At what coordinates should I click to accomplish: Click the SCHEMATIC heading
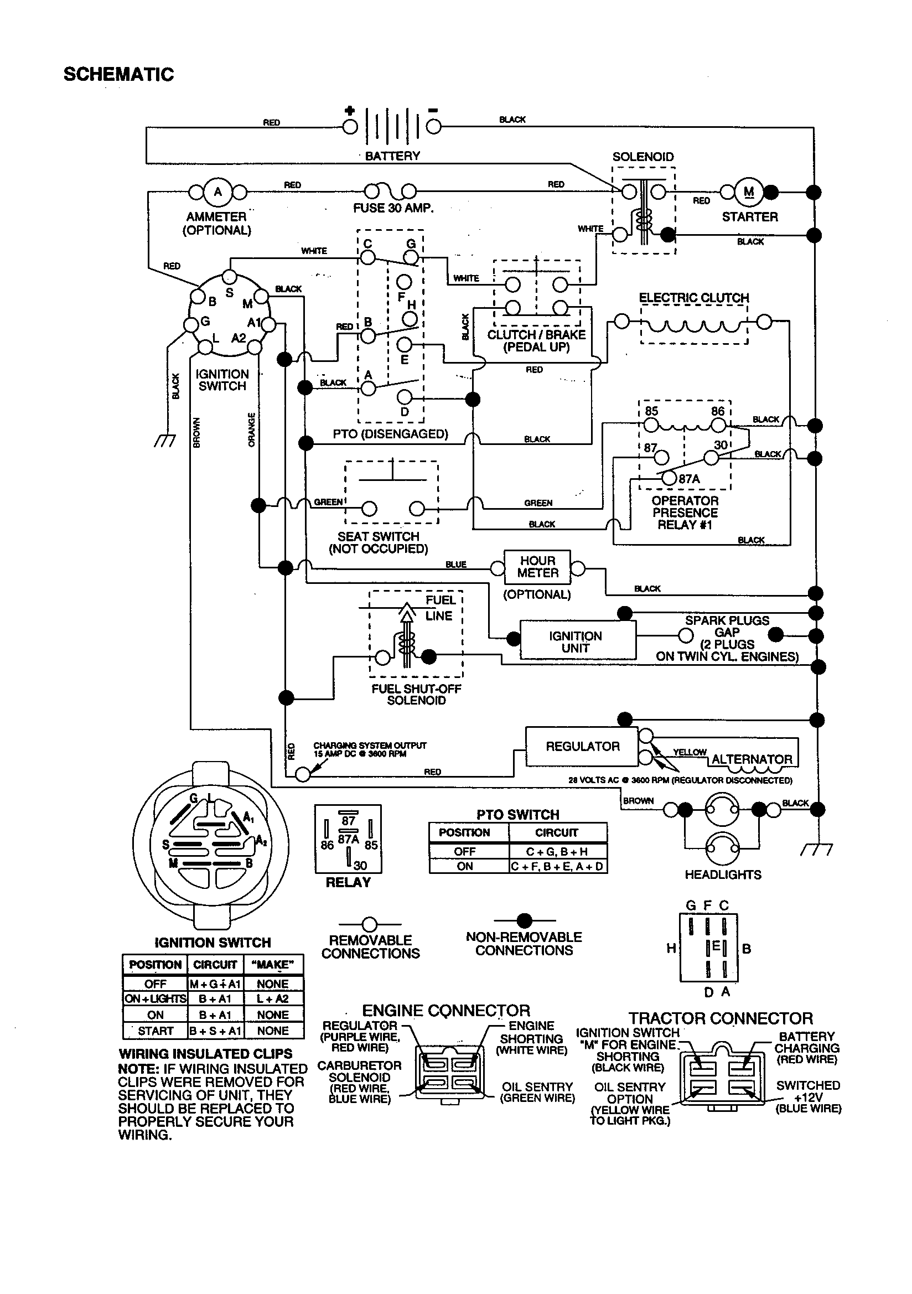118,74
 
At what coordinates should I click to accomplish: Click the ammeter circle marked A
217,192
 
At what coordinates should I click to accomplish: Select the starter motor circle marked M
749,192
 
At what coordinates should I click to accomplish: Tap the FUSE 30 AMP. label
393,208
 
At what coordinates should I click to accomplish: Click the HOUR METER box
537,567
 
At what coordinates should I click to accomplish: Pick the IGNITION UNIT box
576,641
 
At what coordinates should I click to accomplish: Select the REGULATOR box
582,746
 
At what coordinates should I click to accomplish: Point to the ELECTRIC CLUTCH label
693,297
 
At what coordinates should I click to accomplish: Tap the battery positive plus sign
349,111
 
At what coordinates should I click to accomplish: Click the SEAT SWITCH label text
378,536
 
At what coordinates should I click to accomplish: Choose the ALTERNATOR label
752,759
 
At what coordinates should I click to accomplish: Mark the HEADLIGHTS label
723,874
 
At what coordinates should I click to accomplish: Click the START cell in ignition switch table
155,1031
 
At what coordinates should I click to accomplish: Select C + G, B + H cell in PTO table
557,852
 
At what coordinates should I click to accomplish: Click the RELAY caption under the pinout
348,883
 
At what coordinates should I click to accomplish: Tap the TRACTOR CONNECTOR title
721,1018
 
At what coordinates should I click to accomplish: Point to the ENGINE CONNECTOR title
445,1010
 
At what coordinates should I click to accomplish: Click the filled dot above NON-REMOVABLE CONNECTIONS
524,920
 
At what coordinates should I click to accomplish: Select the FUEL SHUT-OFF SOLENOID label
416,695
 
